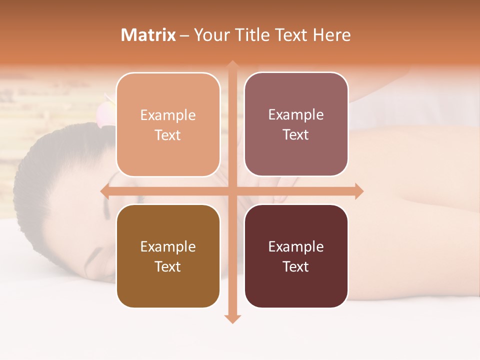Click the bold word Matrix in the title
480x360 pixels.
(x=148, y=35)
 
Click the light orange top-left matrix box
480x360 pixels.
(x=168, y=124)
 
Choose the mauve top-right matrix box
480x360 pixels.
(x=296, y=124)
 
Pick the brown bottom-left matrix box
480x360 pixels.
(x=168, y=256)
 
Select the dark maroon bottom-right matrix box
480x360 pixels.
(x=296, y=256)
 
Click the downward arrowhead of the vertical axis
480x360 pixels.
(x=232, y=318)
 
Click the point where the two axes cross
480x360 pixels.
(x=232, y=191)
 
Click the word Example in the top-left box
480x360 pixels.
(x=168, y=115)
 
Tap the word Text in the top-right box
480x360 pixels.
(x=296, y=134)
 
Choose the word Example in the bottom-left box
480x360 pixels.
(x=168, y=247)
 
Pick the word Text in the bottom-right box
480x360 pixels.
(x=296, y=266)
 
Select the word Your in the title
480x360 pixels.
(x=210, y=35)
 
